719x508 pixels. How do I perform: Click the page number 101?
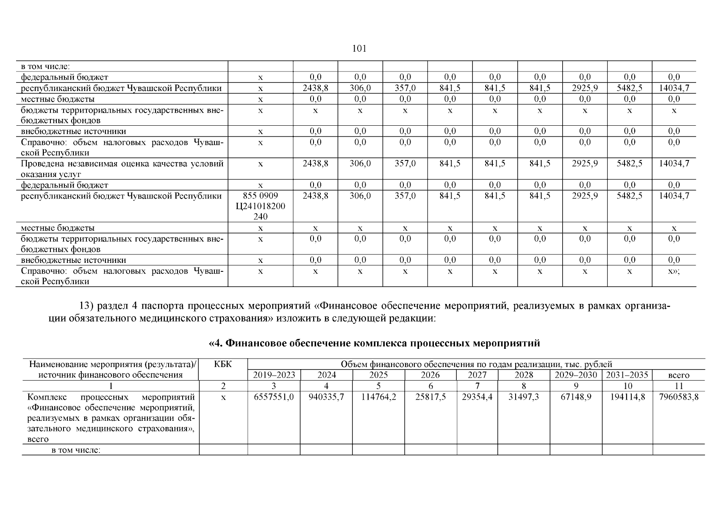pos(359,49)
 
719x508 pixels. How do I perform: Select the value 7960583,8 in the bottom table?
pos(678,397)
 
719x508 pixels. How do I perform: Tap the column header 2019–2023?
pos(274,375)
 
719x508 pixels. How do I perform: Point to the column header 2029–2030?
pos(576,375)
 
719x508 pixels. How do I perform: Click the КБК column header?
pos(223,364)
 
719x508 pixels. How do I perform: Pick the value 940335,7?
pos(326,397)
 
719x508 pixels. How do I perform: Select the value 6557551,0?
pos(274,397)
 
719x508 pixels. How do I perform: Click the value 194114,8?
pos(627,397)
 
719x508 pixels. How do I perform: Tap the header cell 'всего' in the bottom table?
pos(678,375)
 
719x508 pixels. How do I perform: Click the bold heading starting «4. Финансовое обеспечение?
pos(375,343)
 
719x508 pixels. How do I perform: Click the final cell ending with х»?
pos(674,271)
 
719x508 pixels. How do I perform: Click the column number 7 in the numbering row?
pos(477,386)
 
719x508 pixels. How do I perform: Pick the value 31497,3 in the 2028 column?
pos(524,397)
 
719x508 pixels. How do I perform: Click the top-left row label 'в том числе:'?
pos(45,66)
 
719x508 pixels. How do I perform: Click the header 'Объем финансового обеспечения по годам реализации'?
pos(476,364)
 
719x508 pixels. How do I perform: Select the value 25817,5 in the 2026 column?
pos(430,397)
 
